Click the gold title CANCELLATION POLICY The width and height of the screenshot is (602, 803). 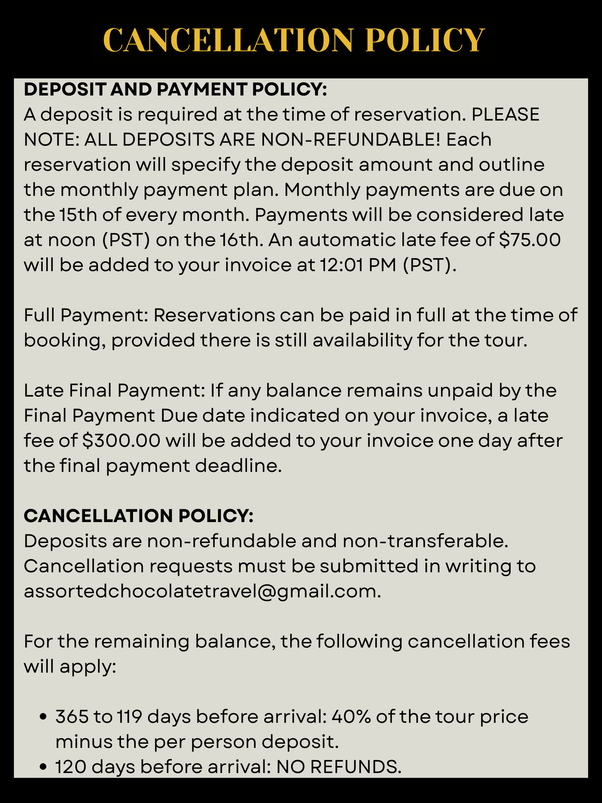[x=293, y=41]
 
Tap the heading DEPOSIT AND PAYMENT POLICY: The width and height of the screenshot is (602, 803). [x=175, y=90]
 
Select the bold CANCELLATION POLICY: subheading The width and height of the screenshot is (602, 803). [x=139, y=516]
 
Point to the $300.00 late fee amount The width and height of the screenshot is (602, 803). [x=122, y=441]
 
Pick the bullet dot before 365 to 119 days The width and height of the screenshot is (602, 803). [x=43, y=717]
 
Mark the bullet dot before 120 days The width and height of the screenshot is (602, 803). [x=43, y=767]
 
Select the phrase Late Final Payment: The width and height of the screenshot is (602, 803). [x=114, y=390]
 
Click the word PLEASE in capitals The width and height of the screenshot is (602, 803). [x=505, y=115]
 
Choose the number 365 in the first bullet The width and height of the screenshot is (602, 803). [x=71, y=717]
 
